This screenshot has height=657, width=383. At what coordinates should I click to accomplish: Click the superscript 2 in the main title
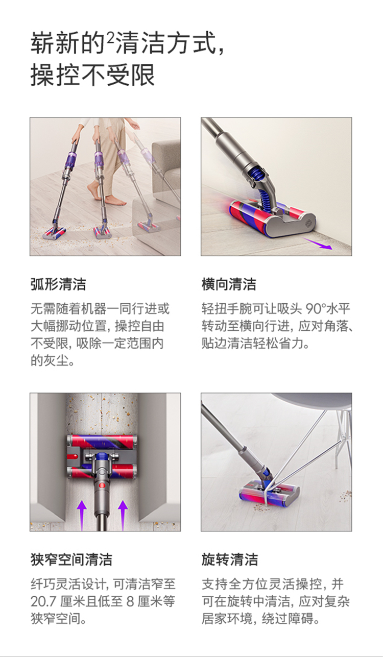coord(110,38)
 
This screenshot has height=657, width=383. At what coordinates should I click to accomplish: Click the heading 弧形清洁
coord(58,284)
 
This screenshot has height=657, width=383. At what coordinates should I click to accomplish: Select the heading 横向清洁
coord(229,284)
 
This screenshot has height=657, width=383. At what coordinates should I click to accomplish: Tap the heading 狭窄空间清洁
coord(71,559)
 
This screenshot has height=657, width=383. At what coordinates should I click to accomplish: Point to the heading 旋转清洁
coord(229,559)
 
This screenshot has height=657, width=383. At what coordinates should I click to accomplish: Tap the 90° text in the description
coord(316,308)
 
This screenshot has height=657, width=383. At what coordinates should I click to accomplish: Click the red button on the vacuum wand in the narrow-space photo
coord(102,485)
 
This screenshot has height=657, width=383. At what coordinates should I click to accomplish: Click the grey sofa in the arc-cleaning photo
coord(166,164)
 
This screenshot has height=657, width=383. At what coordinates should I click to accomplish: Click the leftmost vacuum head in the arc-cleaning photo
coord(55,232)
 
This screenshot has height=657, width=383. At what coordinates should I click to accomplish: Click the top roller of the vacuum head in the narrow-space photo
coord(102,441)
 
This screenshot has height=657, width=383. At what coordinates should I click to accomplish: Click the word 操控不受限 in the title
coord(93,75)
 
